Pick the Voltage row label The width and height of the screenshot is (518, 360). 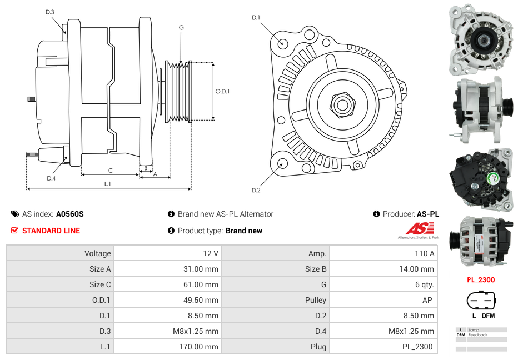pos(97,253)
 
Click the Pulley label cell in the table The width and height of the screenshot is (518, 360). pos(316,300)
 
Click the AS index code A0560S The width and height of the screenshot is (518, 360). pos(70,214)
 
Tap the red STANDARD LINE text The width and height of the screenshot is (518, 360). pos(51,231)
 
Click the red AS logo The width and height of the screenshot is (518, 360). pos(419,228)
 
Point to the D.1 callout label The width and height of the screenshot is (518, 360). pos(256,18)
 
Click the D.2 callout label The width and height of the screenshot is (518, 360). pos(256,191)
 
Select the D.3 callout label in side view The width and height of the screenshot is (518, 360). pos(49,12)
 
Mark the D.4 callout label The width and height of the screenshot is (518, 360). pos(51,178)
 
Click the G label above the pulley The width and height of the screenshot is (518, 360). pos(181,27)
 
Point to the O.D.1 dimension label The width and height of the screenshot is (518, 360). pos(222,92)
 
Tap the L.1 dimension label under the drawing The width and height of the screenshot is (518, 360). pos(108,184)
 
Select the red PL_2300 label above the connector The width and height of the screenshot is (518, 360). pos(480,280)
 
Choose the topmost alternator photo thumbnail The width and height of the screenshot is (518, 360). pos(481,39)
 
